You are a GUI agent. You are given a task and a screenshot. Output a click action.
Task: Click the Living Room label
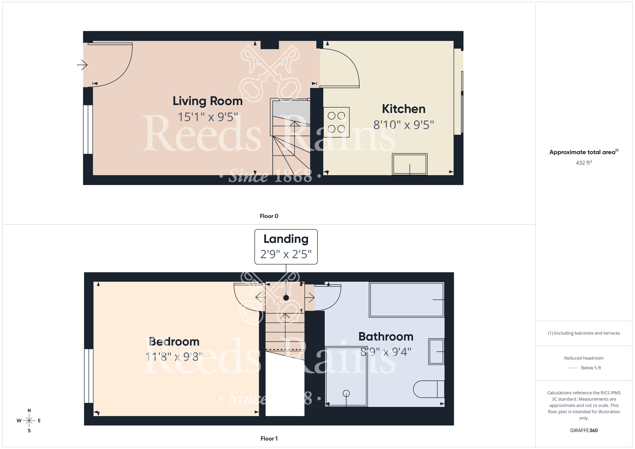click(x=207, y=101)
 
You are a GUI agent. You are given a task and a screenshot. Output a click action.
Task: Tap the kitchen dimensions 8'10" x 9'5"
click(x=403, y=125)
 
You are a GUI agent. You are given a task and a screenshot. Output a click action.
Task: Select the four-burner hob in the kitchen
click(x=337, y=122)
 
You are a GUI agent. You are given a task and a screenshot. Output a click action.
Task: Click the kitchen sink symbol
click(x=410, y=164)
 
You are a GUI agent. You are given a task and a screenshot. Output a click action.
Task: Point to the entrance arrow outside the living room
click(x=82, y=65)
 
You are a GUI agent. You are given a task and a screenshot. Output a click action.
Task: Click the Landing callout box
click(x=286, y=246)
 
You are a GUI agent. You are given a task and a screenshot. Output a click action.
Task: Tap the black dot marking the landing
click(x=286, y=298)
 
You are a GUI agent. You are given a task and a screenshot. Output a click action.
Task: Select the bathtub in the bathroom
click(x=406, y=300)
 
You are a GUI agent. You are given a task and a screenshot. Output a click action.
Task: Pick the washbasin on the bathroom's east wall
click(x=436, y=352)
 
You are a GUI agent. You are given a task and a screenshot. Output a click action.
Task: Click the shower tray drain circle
click(x=346, y=393)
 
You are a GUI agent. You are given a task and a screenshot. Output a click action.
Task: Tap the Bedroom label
click(x=174, y=342)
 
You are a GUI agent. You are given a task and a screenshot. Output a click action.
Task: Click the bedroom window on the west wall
click(x=89, y=376)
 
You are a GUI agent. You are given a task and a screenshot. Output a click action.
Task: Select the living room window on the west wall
click(x=88, y=130)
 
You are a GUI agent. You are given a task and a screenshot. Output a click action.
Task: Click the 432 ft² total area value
click(x=584, y=163)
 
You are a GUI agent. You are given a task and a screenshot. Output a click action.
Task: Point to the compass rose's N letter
click(x=29, y=411)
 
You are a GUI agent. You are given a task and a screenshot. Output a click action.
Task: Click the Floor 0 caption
click(x=269, y=216)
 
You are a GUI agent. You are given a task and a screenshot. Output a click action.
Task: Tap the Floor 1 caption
click(x=269, y=439)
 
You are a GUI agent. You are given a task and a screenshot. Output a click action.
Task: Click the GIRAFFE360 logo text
click(x=584, y=431)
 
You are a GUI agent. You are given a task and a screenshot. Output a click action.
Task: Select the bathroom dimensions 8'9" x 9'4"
click(x=386, y=352)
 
